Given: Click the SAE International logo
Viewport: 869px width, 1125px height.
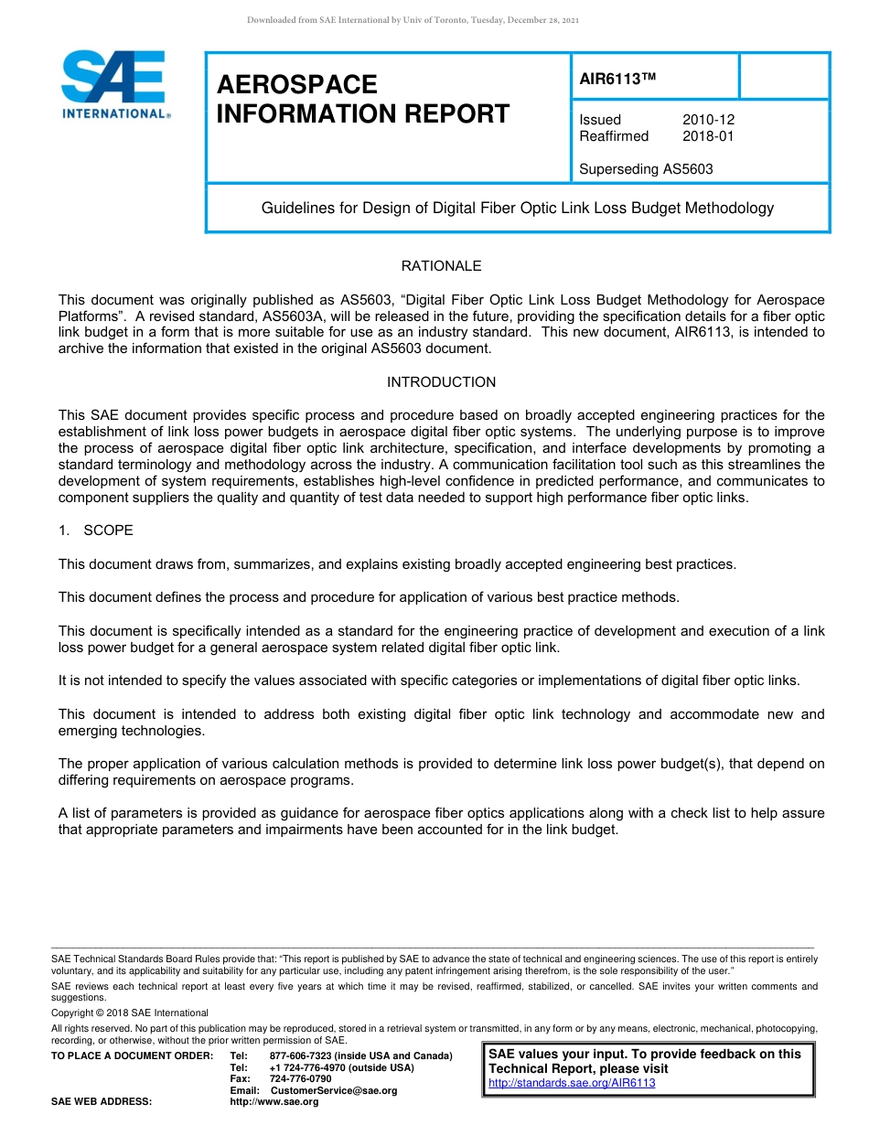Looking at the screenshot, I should pyautogui.click(x=114, y=84).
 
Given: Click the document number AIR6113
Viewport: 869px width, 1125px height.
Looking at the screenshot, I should pyautogui.click(x=618, y=79).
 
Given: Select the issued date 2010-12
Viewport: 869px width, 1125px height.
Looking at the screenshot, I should pyautogui.click(x=708, y=120).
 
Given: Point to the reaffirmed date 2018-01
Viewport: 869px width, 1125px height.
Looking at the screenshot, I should pyautogui.click(x=708, y=136).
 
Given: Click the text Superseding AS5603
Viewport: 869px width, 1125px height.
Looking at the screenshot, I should pyautogui.click(x=646, y=169).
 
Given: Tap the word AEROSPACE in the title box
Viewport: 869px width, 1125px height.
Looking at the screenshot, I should pyautogui.click(x=296, y=85).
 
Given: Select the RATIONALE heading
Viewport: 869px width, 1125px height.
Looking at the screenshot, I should pyautogui.click(x=441, y=266).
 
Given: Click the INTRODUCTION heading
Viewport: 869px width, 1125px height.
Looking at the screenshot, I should pyautogui.click(x=441, y=382).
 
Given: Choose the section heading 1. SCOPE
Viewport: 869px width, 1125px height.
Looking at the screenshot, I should pyautogui.click(x=96, y=530).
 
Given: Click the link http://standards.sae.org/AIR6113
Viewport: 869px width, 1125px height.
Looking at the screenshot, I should pyautogui.click(x=572, y=1083).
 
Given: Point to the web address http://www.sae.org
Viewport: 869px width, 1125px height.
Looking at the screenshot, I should pyautogui.click(x=274, y=1102).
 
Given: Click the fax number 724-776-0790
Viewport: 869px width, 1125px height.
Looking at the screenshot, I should pyautogui.click(x=301, y=1079).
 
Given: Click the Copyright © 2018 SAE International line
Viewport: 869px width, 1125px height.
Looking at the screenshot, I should pyautogui.click(x=130, y=1012).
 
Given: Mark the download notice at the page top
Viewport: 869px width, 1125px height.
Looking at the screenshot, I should pyautogui.click(x=413, y=20).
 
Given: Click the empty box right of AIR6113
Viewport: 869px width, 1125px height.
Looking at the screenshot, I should pyautogui.click(x=783, y=76).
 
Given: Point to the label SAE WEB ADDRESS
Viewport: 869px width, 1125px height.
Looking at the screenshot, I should pyautogui.click(x=102, y=1102).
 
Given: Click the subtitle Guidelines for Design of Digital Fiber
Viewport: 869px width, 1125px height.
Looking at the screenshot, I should pyautogui.click(x=517, y=209).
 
